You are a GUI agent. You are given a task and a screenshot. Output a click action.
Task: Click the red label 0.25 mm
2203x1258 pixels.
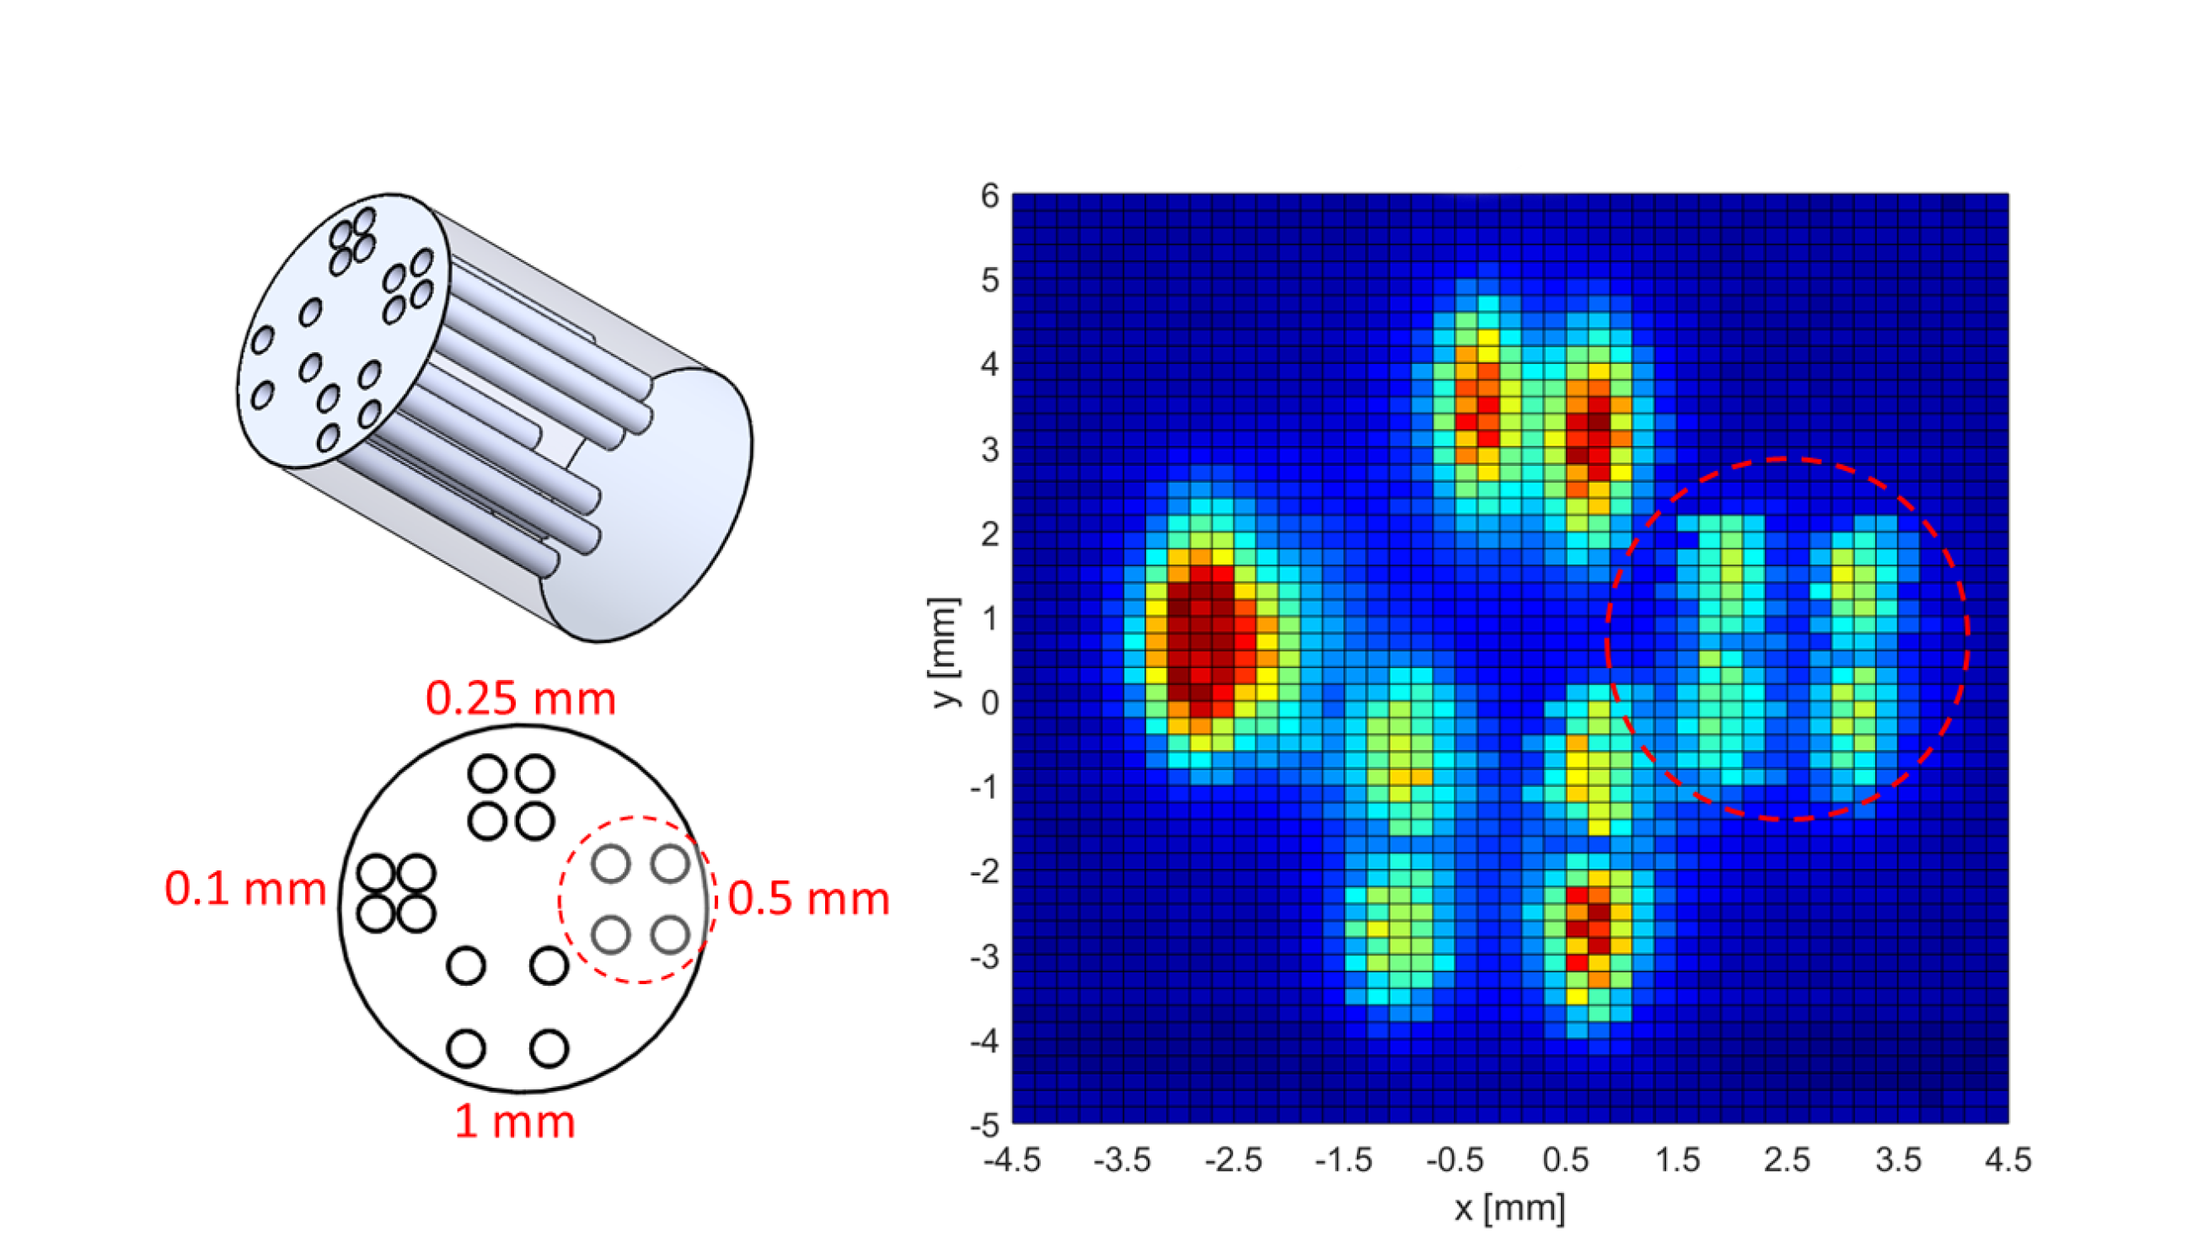tap(520, 699)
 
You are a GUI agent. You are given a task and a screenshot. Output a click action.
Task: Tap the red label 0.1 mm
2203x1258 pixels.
tap(245, 889)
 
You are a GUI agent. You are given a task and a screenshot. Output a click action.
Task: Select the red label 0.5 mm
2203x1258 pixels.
tap(808, 898)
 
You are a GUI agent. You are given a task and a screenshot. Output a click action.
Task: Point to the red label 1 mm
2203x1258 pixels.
tap(515, 1121)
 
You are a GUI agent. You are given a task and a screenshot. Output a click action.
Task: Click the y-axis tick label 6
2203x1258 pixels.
tap(989, 196)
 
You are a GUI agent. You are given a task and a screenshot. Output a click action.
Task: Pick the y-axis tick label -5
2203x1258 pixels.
tap(985, 1126)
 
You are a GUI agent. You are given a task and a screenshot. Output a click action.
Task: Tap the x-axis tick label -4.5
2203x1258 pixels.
tap(1011, 1159)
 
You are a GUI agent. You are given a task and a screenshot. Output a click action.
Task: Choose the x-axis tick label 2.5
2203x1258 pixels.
tap(1787, 1159)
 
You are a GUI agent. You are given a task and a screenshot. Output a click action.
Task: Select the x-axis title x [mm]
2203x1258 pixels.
tap(1509, 1208)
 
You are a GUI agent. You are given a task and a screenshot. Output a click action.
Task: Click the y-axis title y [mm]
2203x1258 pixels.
tap(945, 652)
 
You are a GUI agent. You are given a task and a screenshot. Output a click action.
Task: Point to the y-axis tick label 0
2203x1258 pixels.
tap(989, 704)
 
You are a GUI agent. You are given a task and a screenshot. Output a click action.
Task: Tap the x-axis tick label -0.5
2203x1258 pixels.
tap(1454, 1159)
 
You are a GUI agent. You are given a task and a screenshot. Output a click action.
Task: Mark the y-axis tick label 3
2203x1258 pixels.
tap(989, 450)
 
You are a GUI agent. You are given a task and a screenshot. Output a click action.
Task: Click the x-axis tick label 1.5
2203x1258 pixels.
tap(1677, 1159)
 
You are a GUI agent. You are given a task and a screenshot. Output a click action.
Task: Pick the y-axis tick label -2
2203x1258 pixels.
tap(985, 873)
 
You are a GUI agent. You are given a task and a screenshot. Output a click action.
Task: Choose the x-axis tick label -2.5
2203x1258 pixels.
tap(1233, 1159)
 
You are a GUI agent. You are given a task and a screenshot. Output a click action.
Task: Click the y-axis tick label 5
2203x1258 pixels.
tap(989, 281)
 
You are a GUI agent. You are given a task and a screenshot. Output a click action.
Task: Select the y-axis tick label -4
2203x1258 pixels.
tap(985, 1041)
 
